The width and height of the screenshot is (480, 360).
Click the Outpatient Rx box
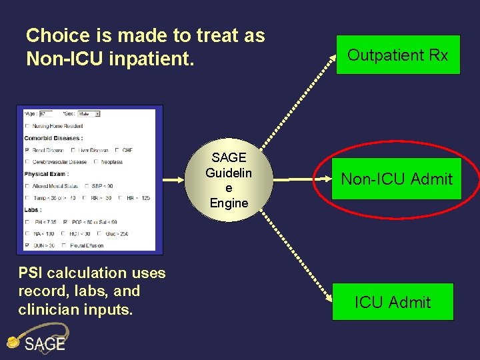pos(397,55)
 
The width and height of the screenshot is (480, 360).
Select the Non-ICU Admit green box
pos(397,179)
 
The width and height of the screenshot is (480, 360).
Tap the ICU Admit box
pos(393,302)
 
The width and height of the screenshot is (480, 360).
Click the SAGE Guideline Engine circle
pos(229,180)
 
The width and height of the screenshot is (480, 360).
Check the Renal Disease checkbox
pos(27,150)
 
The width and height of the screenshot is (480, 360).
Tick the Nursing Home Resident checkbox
pos(27,126)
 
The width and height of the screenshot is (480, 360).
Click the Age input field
pos(46,114)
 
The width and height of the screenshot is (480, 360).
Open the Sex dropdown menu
pos(89,114)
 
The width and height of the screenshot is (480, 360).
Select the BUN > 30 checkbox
pos(27,245)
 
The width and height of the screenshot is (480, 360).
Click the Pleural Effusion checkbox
pos(63,245)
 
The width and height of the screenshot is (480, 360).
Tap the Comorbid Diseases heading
pos(53,138)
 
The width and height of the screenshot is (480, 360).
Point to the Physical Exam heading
pos(46,174)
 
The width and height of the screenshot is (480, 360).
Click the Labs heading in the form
pos(33,209)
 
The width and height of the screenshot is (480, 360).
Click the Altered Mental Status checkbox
pos(27,185)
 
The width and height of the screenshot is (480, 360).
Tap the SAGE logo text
pos(45,344)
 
